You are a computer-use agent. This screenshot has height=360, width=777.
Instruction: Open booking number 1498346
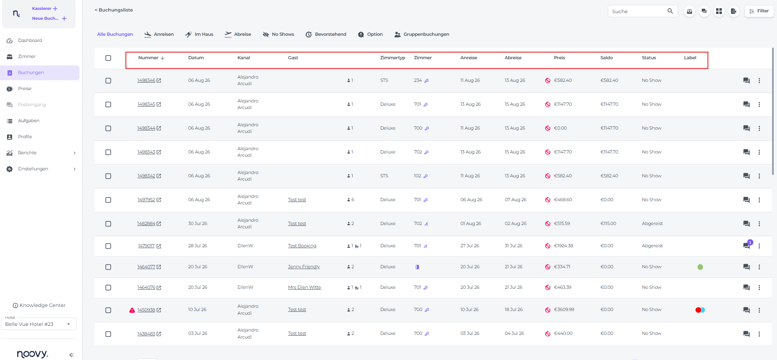click(146, 81)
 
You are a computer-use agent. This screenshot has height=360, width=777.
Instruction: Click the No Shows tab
click(278, 35)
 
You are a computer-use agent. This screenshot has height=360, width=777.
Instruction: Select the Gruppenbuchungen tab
click(421, 35)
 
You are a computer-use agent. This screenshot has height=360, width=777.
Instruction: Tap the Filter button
click(759, 11)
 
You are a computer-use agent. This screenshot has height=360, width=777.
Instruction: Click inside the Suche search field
click(638, 12)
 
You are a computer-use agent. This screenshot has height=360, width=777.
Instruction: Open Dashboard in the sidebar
click(30, 41)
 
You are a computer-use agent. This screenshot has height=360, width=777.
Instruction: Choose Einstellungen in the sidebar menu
click(33, 169)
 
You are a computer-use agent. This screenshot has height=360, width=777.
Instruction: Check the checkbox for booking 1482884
click(108, 224)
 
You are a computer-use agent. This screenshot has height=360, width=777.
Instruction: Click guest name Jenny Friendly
click(304, 267)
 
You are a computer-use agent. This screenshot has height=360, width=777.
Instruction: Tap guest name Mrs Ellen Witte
click(304, 288)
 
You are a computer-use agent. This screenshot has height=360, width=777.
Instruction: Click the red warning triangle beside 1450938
click(132, 310)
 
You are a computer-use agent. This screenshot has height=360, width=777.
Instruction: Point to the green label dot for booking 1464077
click(700, 267)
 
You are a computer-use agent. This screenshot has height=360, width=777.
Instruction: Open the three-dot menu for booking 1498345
click(759, 105)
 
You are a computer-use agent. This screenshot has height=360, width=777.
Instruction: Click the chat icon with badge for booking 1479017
click(747, 245)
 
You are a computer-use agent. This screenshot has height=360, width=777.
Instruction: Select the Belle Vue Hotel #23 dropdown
click(39, 324)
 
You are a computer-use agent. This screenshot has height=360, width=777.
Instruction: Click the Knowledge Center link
click(39, 306)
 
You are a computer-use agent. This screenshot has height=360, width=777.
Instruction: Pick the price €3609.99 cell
click(564, 310)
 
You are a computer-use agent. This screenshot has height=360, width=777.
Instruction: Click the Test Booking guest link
click(302, 246)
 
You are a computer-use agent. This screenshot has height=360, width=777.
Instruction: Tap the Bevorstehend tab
click(326, 35)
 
